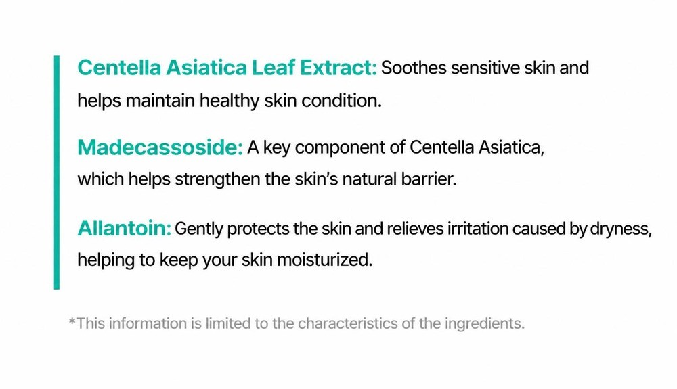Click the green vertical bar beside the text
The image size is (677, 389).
tap(57, 172)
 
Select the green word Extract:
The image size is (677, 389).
tap(338, 68)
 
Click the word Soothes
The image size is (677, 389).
tap(414, 68)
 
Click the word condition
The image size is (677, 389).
tap(341, 101)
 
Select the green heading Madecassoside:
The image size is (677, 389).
tap(160, 147)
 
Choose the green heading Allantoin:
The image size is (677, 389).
tap(125, 228)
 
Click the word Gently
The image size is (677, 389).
tap(199, 229)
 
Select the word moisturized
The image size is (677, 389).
tap(324, 260)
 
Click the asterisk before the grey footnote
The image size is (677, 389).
tap(72, 321)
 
